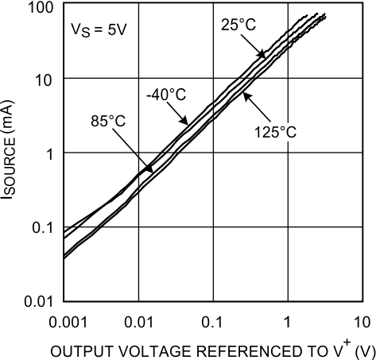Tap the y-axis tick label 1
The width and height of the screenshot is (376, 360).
48,153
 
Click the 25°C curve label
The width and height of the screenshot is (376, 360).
238,25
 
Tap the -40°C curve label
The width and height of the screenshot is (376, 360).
166,95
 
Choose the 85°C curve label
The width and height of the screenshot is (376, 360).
108,122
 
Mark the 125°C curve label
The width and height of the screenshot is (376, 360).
275,132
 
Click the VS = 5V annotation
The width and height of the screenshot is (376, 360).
94,35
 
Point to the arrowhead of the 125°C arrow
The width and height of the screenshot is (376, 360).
242,94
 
